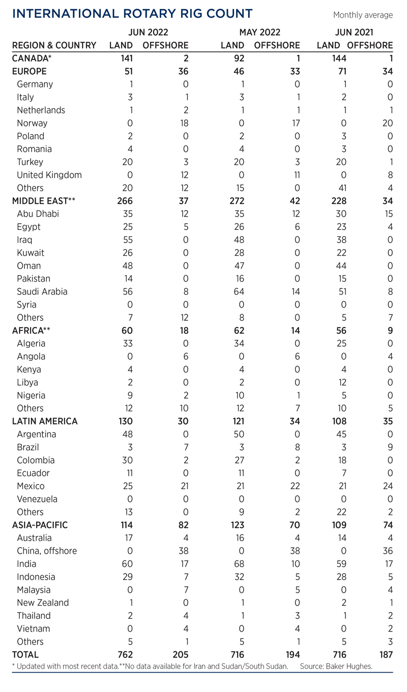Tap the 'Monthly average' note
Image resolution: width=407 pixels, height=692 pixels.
[x=363, y=15]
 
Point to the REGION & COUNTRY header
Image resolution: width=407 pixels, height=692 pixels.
[x=54, y=45]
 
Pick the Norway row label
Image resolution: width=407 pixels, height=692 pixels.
[x=32, y=123]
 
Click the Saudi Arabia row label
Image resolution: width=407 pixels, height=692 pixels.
[x=42, y=291]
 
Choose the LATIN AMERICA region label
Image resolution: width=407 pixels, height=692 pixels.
[x=45, y=421]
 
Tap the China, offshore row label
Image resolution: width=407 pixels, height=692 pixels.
[x=47, y=551]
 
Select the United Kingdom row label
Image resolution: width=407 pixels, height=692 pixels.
[x=49, y=175]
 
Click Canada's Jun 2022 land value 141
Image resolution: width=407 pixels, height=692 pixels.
[x=125, y=58]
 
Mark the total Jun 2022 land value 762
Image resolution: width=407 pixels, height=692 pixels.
[x=124, y=654]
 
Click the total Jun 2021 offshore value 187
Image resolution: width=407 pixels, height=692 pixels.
[x=384, y=654]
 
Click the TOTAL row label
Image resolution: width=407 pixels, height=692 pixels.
[x=25, y=654]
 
